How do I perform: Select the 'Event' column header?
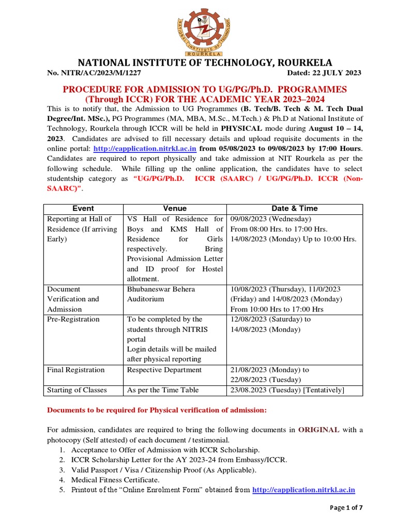[x=83, y=208]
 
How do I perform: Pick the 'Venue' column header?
[x=175, y=208]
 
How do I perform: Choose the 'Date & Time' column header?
[x=295, y=208]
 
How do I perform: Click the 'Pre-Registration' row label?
[x=73, y=319]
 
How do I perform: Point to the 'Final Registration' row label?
[x=75, y=370]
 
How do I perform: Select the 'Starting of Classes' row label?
[x=78, y=390]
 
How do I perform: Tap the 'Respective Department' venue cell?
[x=164, y=370]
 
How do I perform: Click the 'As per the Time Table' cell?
[x=162, y=390]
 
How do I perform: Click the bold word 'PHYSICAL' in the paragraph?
[x=243, y=129]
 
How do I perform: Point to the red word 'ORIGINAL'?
[x=319, y=429]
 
